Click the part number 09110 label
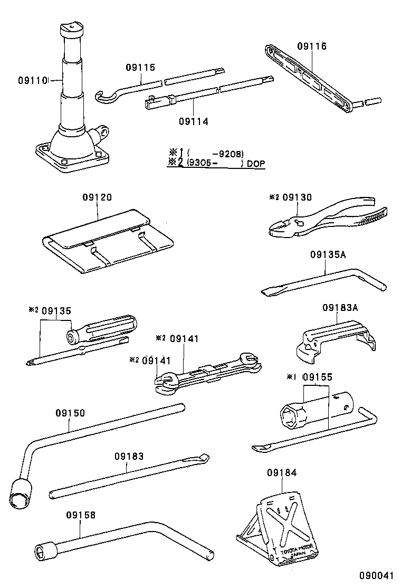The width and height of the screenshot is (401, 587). click(x=33, y=80)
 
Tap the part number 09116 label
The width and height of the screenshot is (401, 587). click(x=311, y=46)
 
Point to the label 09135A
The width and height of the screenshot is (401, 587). click(x=327, y=254)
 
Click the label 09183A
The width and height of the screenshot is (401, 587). click(x=340, y=307)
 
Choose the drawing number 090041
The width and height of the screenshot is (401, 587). click(x=377, y=575)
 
